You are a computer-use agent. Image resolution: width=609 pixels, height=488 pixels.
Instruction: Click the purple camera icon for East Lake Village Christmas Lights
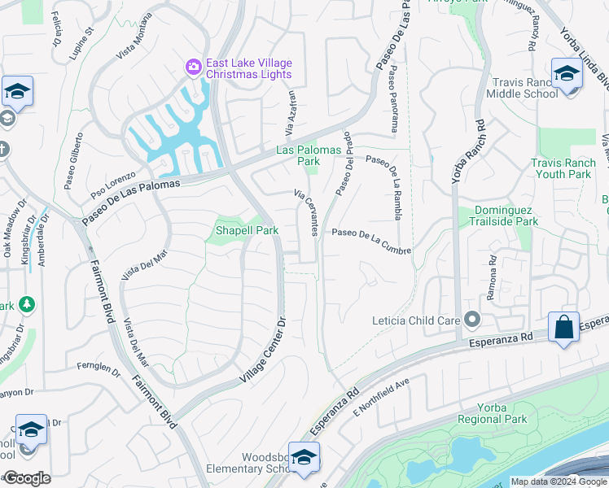click(x=194, y=67)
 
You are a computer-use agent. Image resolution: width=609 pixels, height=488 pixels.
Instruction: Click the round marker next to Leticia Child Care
click(x=470, y=319)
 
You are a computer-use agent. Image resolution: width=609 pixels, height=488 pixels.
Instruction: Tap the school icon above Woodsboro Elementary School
click(x=304, y=458)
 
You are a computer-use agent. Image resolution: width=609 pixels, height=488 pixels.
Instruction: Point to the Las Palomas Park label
click(x=298, y=155)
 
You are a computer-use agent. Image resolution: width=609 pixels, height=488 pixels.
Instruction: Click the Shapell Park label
click(x=247, y=230)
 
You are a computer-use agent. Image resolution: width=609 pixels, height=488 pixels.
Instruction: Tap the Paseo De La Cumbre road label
click(x=370, y=234)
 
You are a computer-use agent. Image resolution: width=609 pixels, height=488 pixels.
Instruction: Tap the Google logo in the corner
click(x=26, y=478)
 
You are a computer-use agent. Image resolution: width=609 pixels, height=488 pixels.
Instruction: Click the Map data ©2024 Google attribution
click(x=558, y=481)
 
